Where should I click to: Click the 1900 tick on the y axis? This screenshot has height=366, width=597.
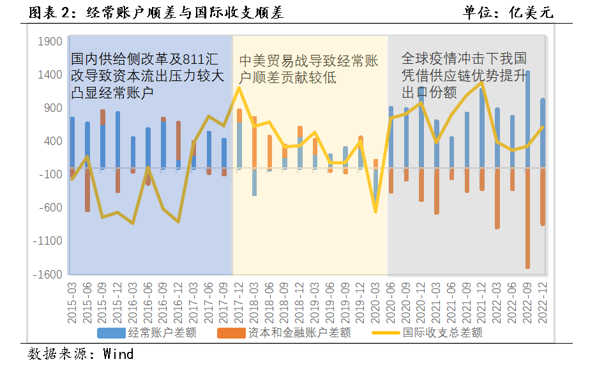pos(50,42)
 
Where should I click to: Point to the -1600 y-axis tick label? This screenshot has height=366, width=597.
pos(49,274)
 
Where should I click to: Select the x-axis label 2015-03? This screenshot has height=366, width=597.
pos(72,301)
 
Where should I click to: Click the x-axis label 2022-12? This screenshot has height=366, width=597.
pos(543,301)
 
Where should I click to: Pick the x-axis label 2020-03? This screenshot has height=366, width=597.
pos(375,301)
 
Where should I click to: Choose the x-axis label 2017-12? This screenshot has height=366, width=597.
pos(239,301)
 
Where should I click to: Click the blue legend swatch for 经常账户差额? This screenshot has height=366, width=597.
pos(111,333)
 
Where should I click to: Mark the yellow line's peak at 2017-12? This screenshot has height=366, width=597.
pos(239,88)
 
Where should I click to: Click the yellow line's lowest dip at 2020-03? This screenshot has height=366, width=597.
pos(375,211)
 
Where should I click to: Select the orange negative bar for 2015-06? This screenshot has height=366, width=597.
pos(87,190)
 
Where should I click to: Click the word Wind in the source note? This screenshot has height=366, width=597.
pos(119,353)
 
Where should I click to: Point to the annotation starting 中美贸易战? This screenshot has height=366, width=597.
pos(309,69)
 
